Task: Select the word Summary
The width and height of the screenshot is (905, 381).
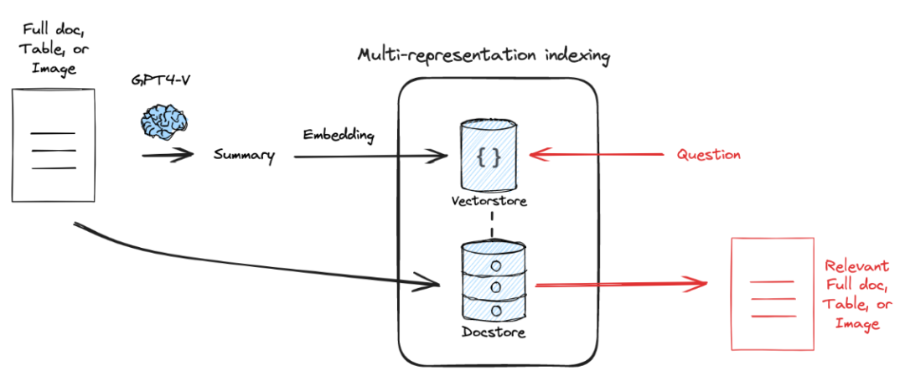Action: [244, 155]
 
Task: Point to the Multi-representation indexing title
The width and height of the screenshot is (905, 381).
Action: [484, 57]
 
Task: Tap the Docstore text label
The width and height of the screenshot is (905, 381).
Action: [494, 332]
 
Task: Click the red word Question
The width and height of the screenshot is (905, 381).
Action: [708, 155]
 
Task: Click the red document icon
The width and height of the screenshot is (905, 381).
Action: [769, 293]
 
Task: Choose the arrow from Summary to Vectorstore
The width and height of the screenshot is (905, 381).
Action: [369, 155]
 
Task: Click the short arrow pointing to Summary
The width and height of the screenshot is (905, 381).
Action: [168, 155]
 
